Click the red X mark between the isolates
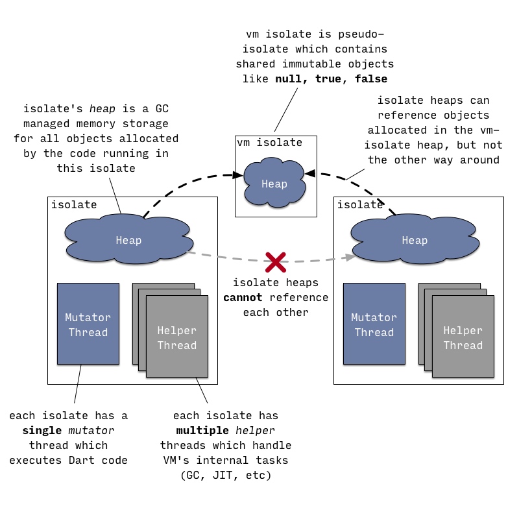click(x=275, y=262)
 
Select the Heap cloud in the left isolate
click(x=128, y=239)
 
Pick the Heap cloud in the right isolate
click(x=415, y=239)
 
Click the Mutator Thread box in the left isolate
click(x=88, y=324)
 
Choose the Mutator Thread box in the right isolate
click(x=374, y=324)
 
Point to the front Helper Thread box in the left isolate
click(x=177, y=336)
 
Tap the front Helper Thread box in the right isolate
click(x=463, y=336)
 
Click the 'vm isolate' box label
click(x=269, y=143)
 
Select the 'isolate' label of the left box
click(x=74, y=204)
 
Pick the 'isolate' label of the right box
click(x=360, y=204)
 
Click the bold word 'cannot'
click(x=243, y=298)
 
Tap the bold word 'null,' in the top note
click(x=291, y=79)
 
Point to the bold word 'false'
click(x=371, y=78)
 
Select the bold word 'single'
click(x=42, y=431)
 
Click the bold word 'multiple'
click(x=202, y=431)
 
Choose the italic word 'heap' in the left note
click(x=103, y=109)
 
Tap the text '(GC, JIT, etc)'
click(x=226, y=476)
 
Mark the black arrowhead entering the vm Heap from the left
click(x=237, y=175)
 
